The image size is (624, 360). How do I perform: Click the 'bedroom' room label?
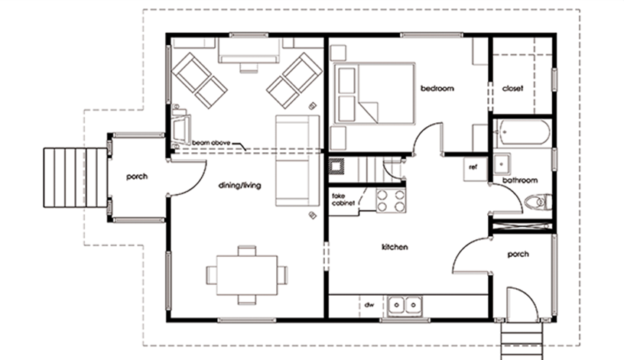(437, 89)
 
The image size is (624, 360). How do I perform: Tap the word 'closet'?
(512, 89)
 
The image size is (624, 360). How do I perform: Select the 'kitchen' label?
(395, 247)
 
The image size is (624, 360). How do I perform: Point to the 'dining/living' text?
(240, 186)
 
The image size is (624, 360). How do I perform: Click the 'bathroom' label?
(520, 180)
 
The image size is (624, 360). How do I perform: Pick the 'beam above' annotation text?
(211, 142)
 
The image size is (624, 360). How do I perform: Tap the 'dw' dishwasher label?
(369, 305)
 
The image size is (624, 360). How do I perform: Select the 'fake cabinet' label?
(343, 199)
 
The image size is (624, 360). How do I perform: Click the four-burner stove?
(392, 200)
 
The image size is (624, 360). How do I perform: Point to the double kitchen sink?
(405, 306)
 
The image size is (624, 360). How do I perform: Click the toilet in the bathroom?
(538, 202)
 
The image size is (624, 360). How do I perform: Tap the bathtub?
(522, 132)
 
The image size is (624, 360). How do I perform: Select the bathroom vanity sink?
(502, 164)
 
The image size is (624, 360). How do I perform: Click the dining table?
(247, 275)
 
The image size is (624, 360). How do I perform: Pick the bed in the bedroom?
(374, 93)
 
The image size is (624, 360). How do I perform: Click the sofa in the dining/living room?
(297, 161)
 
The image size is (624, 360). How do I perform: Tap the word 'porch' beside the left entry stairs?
(137, 177)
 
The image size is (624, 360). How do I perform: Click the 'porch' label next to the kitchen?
(518, 254)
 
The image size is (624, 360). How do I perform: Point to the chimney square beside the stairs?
(336, 167)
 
